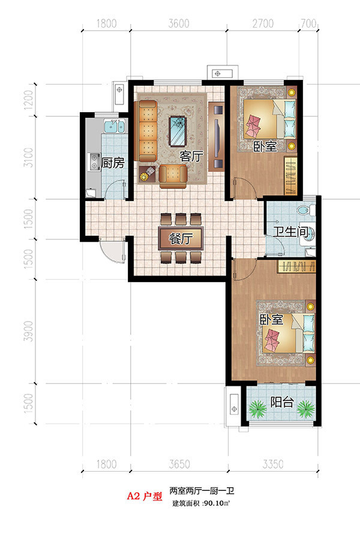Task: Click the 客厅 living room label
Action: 191,157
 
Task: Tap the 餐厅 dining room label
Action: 181,238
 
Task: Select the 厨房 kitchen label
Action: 113,163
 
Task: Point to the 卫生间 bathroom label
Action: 291,232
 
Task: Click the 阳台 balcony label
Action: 282,402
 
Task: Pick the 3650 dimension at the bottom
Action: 179,464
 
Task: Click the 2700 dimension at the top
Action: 263,23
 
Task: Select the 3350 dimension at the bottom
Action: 273,464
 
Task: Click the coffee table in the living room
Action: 178,131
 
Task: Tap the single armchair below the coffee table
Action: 173,176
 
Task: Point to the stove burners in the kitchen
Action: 94,161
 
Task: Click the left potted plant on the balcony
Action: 257,408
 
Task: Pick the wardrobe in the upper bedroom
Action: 290,176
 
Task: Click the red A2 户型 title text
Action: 145,496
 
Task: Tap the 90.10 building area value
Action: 213,503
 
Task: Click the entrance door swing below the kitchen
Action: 112,250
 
